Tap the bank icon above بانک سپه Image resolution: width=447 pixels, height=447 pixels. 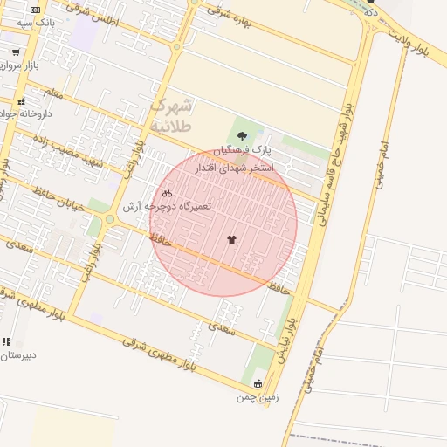pyautogui.click(x=35, y=9)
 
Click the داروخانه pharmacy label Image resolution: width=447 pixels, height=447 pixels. pyautogui.click(x=27, y=113)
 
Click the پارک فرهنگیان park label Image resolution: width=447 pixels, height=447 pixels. pyautogui.click(x=242, y=151)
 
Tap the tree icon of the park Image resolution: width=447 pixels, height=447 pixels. pyautogui.click(x=242, y=136)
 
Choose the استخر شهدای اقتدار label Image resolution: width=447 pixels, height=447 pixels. pyautogui.click(x=236, y=167)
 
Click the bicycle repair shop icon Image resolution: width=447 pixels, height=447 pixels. pyautogui.click(x=167, y=192)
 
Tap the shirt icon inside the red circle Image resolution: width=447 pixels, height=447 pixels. pyautogui.click(x=231, y=238)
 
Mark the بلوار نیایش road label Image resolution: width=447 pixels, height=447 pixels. pyautogui.click(x=287, y=340)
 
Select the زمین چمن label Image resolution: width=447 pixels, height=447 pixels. pyautogui.click(x=257, y=397)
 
